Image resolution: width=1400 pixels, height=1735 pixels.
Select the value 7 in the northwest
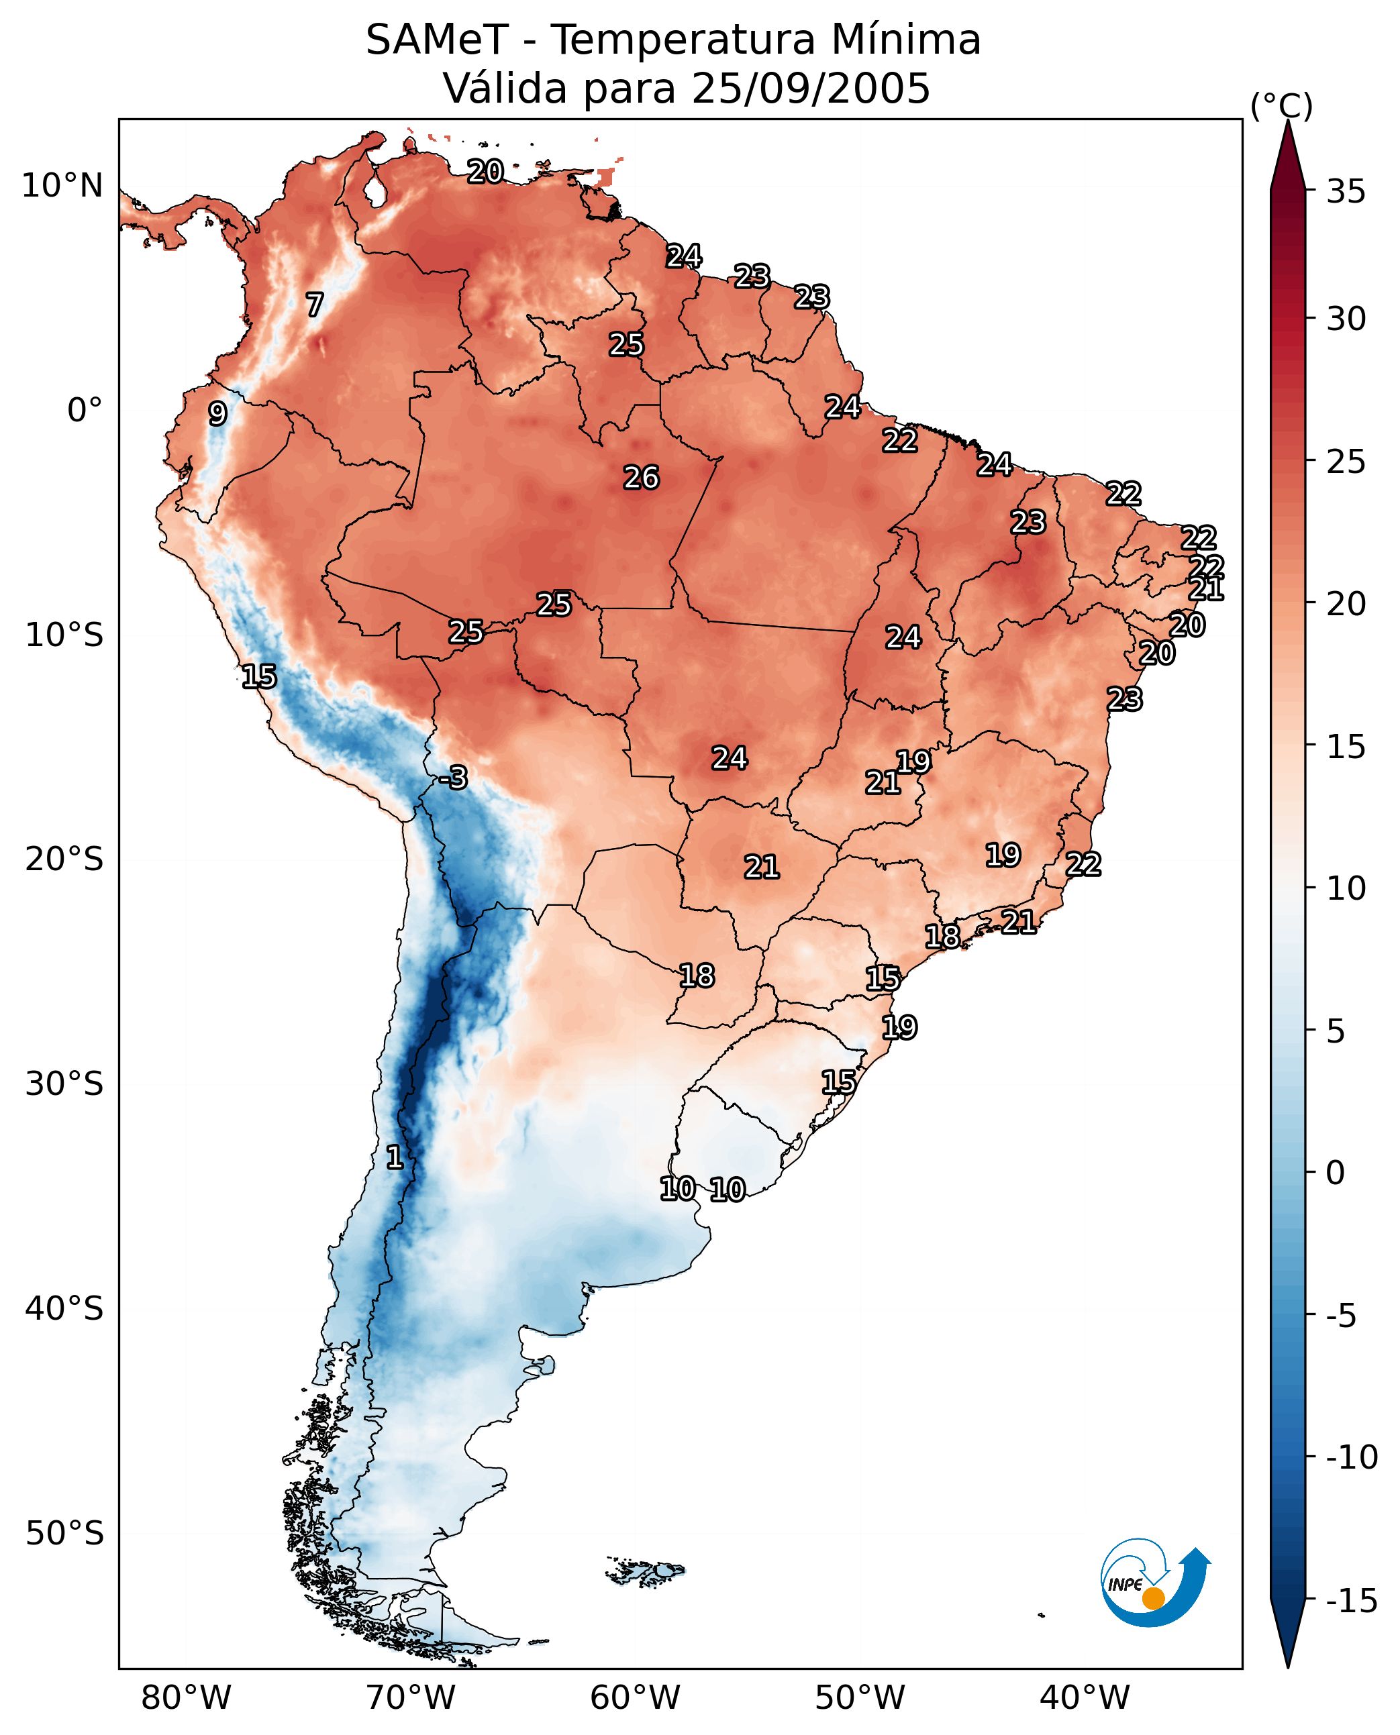pyautogui.click(x=315, y=304)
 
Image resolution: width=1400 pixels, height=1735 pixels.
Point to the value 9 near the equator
pyautogui.click(x=217, y=413)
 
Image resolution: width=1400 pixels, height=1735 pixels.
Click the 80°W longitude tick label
pyautogui.click(x=187, y=1697)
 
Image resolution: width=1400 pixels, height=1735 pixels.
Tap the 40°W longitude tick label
pyautogui.click(x=1085, y=1697)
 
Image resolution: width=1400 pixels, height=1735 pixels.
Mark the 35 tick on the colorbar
pyautogui.click(x=1346, y=192)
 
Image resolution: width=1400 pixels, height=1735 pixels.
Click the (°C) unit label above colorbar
pyautogui.click(x=1281, y=105)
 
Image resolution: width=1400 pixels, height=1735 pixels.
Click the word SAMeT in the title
pyautogui.click(x=437, y=40)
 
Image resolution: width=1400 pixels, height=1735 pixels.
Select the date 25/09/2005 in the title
pyautogui.click(x=811, y=88)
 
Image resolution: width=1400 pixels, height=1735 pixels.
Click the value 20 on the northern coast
pyautogui.click(x=485, y=171)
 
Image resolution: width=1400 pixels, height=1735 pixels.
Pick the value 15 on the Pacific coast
pyautogui.click(x=259, y=676)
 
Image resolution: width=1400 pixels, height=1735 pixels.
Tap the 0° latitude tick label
pyautogui.click(x=85, y=411)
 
